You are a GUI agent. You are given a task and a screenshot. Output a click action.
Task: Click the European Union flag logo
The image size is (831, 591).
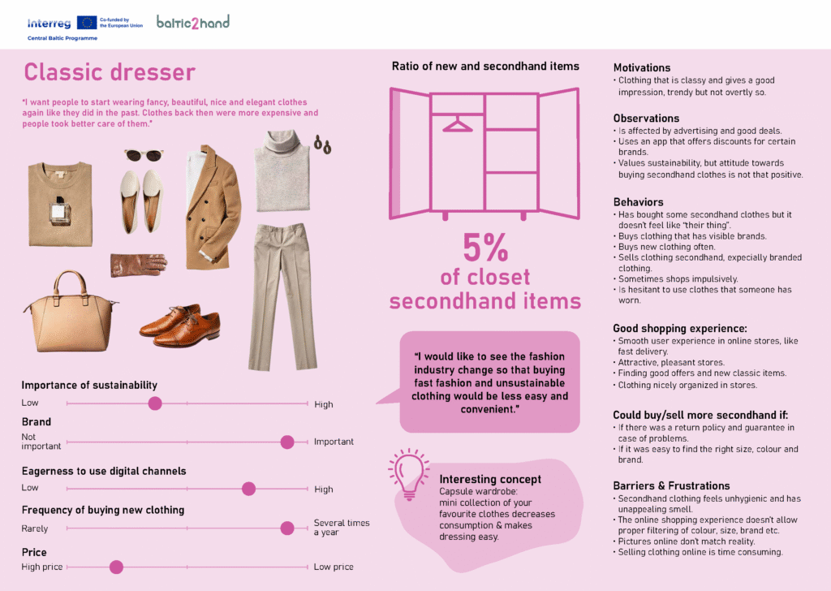tap(87, 23)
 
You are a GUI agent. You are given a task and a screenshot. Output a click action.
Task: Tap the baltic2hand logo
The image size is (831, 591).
tap(192, 22)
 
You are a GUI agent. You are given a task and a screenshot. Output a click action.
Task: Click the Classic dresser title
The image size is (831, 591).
tap(110, 72)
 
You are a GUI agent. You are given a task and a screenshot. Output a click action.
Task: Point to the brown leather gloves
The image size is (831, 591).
tap(138, 264)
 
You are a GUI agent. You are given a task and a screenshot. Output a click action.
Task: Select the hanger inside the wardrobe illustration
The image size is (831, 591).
tap(458, 125)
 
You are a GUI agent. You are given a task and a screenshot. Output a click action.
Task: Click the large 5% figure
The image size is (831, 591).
tap(484, 248)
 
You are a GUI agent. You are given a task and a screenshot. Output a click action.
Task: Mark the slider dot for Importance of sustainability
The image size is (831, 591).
tap(155, 403)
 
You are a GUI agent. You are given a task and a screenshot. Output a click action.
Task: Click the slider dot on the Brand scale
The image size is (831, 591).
tap(286, 442)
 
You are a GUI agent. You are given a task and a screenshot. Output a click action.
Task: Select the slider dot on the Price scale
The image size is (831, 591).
tap(116, 567)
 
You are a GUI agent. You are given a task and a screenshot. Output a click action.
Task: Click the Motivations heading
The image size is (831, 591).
tap(642, 67)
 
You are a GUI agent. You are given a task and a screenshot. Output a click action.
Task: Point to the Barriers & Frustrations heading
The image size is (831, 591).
tap(671, 485)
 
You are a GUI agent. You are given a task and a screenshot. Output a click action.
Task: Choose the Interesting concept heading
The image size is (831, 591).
tap(490, 479)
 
